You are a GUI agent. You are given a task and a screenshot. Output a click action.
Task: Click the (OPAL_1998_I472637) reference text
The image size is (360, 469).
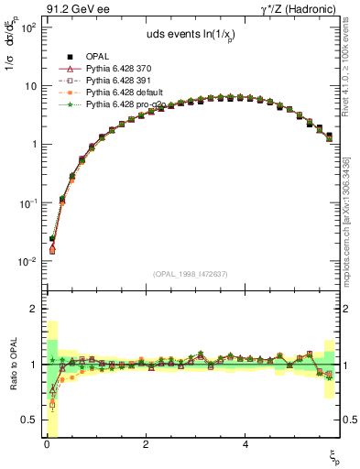[x=191, y=272]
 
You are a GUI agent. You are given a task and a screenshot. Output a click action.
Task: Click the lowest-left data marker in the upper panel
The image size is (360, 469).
[x=52, y=249]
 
